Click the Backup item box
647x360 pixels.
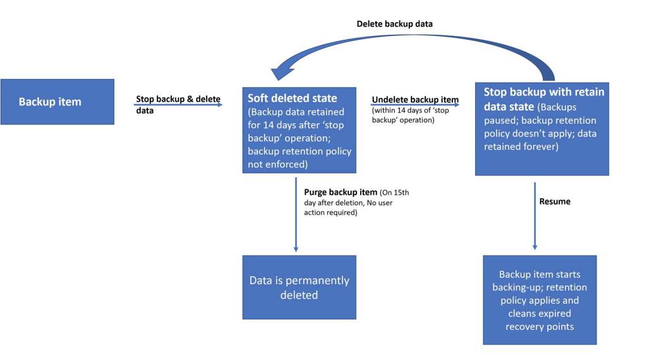coord(57,102)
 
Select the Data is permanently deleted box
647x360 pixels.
coord(299,287)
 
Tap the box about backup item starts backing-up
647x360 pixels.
coord(540,300)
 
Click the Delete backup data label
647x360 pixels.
coord(394,24)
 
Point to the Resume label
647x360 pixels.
coord(555,201)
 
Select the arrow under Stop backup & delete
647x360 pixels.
coord(178,105)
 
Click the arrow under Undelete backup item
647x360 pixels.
coord(415,105)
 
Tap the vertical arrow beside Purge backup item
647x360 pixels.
coord(296,215)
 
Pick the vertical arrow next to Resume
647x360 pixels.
coord(535,216)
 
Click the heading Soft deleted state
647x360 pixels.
coord(292,98)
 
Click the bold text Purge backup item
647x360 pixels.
coord(341,192)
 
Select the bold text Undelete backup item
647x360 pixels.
coord(415,99)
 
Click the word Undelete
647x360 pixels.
coord(389,99)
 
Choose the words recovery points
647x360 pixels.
coord(540,327)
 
